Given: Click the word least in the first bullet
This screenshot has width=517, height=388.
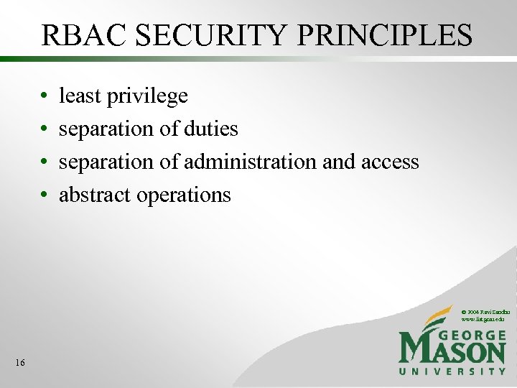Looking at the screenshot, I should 80,96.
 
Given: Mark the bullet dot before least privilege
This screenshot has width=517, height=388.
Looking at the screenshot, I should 45,96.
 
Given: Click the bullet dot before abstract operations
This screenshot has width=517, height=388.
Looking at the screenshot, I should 45,195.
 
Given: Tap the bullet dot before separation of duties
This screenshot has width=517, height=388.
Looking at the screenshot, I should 45,129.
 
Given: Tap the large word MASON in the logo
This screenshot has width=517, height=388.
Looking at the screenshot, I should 452,352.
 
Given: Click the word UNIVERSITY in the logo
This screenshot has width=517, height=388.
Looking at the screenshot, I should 452,371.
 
